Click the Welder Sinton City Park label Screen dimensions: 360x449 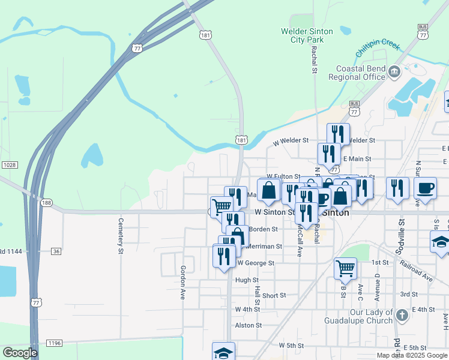click(303, 35)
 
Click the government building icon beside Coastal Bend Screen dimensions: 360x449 click(394, 73)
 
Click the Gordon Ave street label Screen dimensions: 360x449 click(183, 283)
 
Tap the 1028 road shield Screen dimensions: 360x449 click(8, 164)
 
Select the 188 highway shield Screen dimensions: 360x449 click(46, 203)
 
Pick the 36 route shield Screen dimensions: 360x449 click(56, 251)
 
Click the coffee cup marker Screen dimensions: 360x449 click(425, 188)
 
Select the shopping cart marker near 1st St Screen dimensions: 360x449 click(345, 268)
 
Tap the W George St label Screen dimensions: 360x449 click(256, 263)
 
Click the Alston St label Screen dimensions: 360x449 click(249, 325)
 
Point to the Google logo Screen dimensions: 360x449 click(20, 352)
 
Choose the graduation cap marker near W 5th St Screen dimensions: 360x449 click(223, 352)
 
